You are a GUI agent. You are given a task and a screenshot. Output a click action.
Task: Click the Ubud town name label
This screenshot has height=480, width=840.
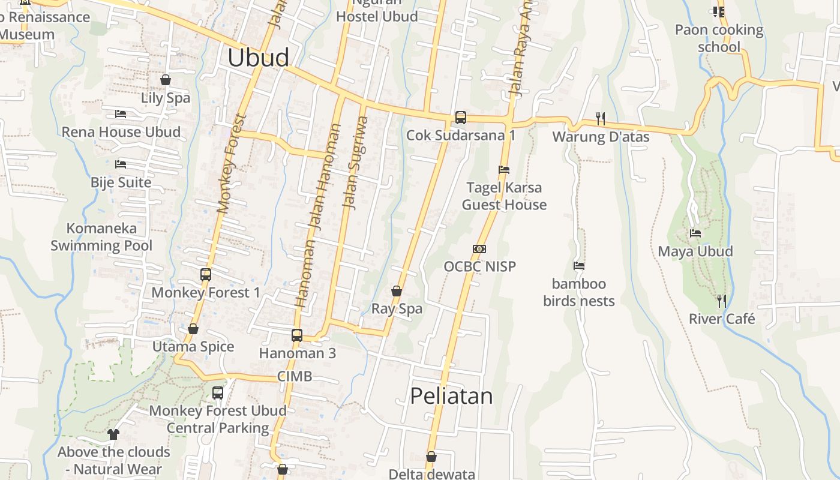click(258, 58)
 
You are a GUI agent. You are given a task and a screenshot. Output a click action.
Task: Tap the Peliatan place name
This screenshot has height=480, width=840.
click(451, 396)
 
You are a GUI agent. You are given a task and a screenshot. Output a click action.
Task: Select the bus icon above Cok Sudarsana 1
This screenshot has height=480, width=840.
click(460, 118)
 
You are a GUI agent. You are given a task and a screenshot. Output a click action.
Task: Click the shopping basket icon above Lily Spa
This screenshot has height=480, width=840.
click(166, 80)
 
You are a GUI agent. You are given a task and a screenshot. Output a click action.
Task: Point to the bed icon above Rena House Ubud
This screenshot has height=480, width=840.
click(121, 114)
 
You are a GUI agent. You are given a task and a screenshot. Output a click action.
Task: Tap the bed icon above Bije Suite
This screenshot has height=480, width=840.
click(121, 164)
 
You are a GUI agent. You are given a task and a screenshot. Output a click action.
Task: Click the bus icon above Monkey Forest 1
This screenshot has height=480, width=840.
click(206, 275)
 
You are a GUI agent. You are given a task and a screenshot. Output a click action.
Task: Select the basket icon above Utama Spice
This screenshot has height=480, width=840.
click(193, 329)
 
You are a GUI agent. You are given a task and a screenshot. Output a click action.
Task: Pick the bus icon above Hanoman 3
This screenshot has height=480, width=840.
click(297, 335)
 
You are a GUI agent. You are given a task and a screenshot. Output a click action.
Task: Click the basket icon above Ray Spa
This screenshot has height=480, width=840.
click(397, 291)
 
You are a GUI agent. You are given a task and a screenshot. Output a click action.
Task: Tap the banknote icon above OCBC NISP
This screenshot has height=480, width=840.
click(479, 249)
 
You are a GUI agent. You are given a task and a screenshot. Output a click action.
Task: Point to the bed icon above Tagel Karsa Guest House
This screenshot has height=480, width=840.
click(504, 170)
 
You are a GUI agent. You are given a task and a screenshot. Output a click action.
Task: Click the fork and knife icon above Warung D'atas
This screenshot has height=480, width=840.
click(601, 119)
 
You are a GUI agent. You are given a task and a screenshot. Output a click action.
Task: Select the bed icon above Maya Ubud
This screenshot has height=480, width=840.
click(695, 233)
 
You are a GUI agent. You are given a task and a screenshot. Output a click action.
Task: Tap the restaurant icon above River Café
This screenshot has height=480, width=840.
click(722, 301)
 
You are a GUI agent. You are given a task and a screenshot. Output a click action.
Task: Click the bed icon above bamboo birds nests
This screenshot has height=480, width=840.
click(579, 266)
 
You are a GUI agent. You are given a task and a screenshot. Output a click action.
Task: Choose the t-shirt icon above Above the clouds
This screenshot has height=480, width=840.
click(113, 434)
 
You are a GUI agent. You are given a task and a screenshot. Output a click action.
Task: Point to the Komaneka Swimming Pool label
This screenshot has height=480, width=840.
click(101, 237)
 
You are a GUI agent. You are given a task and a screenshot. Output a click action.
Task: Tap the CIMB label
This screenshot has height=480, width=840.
click(295, 376)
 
